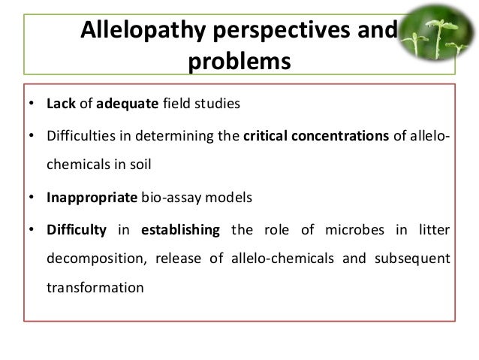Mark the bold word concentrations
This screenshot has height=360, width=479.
pyautogui.click(x=341, y=136)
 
